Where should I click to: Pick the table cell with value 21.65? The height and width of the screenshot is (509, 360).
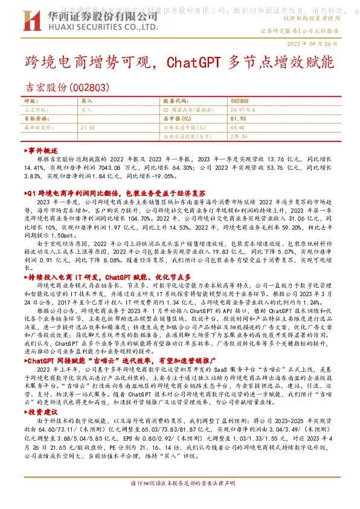pyautogui.click(x=88, y=128)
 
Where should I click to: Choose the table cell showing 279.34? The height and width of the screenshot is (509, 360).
pyautogui.click(x=239, y=136)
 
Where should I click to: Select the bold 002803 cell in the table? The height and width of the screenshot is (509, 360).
pyautogui.click(x=239, y=102)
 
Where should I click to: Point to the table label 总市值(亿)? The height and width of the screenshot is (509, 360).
pyautogui.click(x=178, y=119)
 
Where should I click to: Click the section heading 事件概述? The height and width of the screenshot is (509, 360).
pyautogui.click(x=42, y=150)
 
